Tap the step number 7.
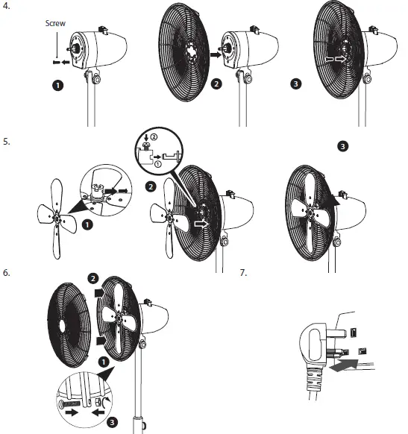pos(243,274)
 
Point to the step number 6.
pos(7,274)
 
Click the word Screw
pos(56,23)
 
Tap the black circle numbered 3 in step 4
pos(297,84)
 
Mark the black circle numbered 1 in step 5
pos(89,223)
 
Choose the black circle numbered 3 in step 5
pos(342,146)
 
